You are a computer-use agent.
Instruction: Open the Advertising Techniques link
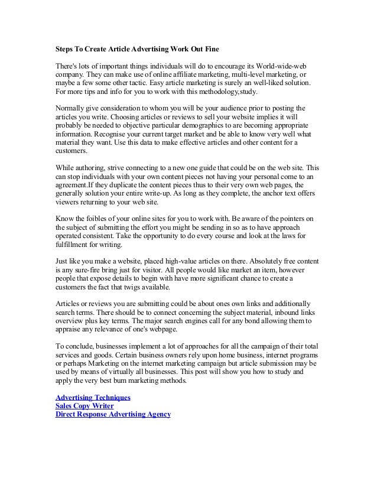click(x=92, y=397)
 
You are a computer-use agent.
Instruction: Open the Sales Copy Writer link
click(x=84, y=406)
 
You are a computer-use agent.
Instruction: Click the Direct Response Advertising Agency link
click(x=112, y=415)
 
